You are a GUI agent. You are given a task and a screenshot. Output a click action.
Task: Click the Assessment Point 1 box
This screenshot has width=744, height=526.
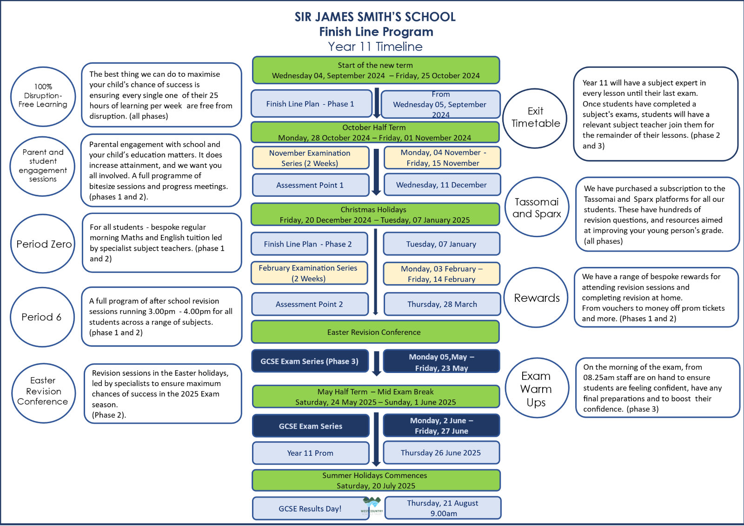311,185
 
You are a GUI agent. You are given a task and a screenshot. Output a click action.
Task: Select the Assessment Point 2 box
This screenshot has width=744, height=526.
310,304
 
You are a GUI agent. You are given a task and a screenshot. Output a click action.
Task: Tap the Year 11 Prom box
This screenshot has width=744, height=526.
311,453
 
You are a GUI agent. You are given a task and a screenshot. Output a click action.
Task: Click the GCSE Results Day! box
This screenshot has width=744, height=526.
310,508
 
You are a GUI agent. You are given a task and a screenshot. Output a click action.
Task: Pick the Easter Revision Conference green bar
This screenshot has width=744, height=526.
375,332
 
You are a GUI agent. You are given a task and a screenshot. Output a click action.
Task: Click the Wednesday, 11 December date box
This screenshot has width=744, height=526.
442,185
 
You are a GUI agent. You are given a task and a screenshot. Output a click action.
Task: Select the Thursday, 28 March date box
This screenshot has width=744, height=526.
442,304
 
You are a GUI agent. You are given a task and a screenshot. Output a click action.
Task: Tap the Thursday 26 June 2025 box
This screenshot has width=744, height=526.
441,453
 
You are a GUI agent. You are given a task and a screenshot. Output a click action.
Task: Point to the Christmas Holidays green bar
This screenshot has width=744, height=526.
375,215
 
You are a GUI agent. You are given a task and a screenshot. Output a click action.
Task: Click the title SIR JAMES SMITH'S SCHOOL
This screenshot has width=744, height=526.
375,17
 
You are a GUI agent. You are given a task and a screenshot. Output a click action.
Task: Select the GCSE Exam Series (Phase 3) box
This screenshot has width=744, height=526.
310,361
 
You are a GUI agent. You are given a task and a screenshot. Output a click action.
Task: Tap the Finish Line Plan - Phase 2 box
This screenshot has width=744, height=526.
309,244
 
